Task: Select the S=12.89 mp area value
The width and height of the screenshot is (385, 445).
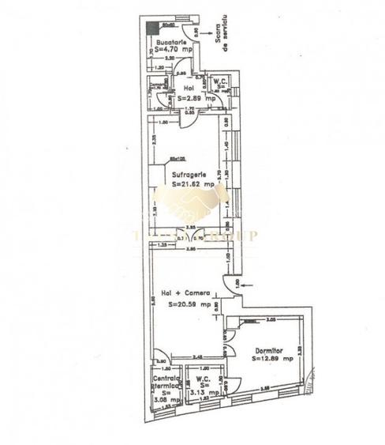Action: click(273, 358)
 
